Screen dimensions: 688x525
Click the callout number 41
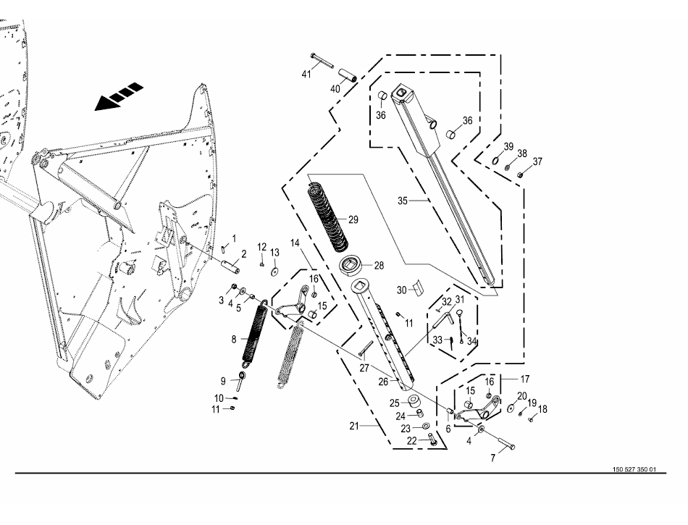(x=306, y=74)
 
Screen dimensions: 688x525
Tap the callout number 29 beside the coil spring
(x=353, y=219)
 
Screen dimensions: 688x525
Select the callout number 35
(x=403, y=201)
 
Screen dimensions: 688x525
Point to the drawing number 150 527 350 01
(x=634, y=469)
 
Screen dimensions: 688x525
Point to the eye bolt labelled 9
(x=240, y=381)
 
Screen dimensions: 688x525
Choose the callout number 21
(x=353, y=426)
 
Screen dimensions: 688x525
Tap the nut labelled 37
(x=520, y=175)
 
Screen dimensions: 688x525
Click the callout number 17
(x=525, y=379)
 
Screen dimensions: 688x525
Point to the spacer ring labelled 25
(x=414, y=401)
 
